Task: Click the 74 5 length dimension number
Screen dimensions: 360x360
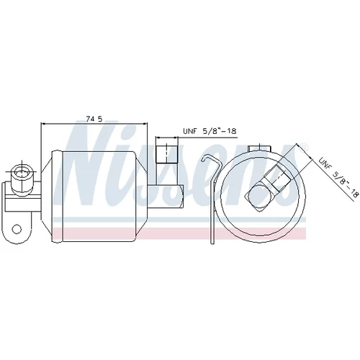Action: [94, 119]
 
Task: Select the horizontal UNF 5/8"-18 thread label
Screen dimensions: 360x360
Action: [210, 131]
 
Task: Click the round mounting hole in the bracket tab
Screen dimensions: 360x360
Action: [17, 229]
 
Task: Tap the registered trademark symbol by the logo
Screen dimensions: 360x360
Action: [303, 148]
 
